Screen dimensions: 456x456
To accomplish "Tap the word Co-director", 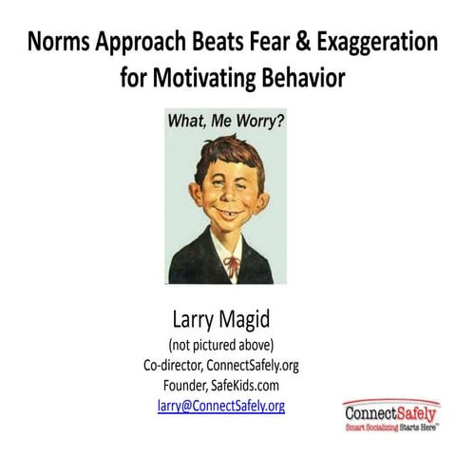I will click(174, 364).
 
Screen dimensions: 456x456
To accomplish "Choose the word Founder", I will click(189, 385).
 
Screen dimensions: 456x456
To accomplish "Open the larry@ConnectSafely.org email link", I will click(220, 406).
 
